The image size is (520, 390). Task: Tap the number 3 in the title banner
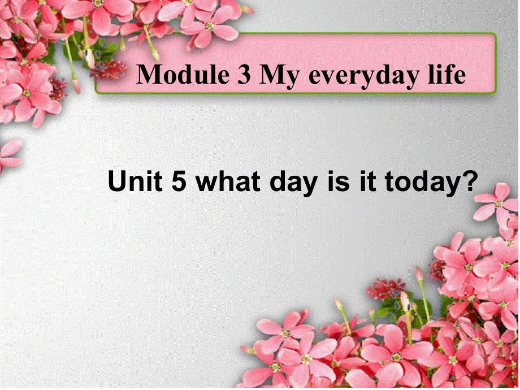coord(240,75)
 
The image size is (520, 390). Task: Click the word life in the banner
coord(446,75)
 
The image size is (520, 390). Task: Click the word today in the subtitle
coord(419,183)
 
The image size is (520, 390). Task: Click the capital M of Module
coord(149,75)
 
